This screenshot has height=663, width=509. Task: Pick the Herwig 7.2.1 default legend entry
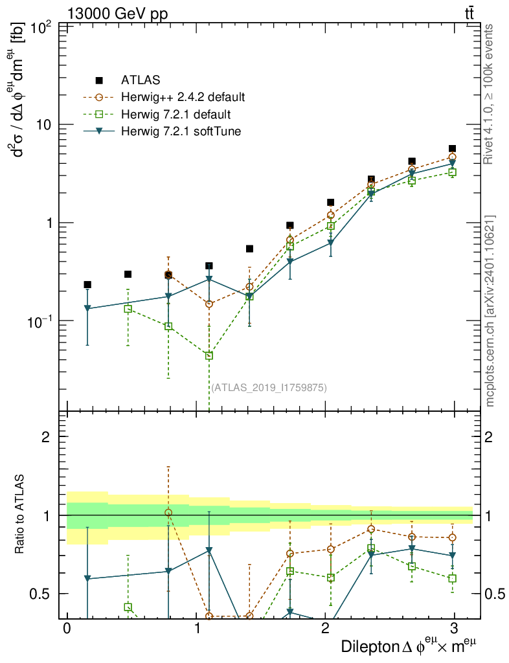point(175,115)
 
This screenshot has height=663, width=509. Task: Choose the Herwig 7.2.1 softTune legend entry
point(179,132)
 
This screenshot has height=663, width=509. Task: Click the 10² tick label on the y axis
point(41,28)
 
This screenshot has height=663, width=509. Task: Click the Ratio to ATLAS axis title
point(19,515)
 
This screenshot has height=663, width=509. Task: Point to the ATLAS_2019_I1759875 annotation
point(269,388)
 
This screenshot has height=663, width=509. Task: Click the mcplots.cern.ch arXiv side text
point(490,311)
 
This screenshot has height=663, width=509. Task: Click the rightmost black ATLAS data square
point(452,149)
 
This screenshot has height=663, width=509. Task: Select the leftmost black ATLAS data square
point(87,284)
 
